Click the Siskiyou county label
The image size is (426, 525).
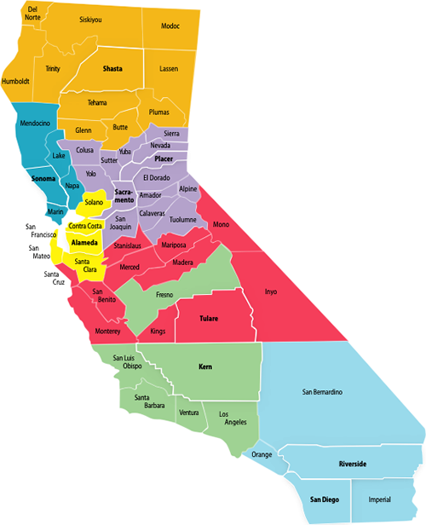(x=90, y=19)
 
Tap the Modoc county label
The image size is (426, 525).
(x=170, y=26)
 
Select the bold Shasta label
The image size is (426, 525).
(x=112, y=67)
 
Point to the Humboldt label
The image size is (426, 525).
(x=16, y=81)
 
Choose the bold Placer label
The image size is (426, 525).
(x=164, y=159)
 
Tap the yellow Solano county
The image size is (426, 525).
(x=94, y=202)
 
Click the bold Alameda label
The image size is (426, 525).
(x=84, y=243)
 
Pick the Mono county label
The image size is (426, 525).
(x=222, y=224)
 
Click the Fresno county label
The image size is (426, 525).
(x=165, y=295)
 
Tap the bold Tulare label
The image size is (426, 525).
(x=209, y=319)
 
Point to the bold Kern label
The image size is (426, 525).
(x=204, y=367)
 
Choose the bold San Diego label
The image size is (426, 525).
(x=324, y=499)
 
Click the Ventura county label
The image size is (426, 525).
(x=188, y=412)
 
